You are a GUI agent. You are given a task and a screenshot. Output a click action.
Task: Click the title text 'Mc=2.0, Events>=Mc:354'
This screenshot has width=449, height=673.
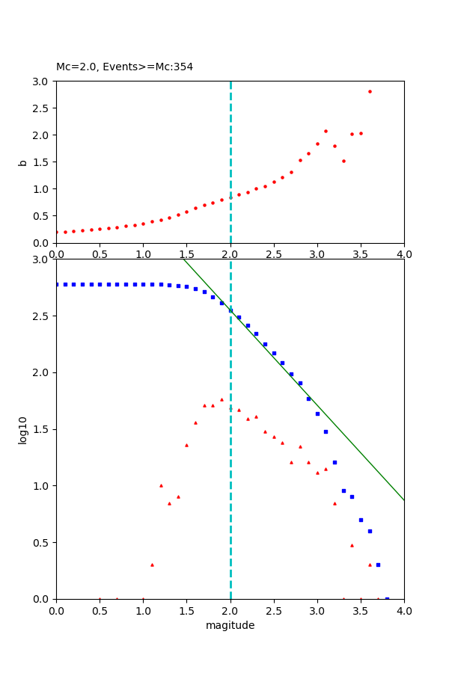[x=124, y=67]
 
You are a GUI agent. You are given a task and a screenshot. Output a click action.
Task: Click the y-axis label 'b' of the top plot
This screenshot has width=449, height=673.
[x=23, y=162]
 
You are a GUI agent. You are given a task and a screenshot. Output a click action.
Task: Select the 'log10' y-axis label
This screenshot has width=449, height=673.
[x=23, y=429]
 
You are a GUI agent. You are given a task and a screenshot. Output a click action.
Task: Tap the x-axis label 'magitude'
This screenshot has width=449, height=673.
[x=230, y=625]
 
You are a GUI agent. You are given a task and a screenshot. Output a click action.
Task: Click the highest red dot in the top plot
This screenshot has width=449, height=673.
[x=370, y=91]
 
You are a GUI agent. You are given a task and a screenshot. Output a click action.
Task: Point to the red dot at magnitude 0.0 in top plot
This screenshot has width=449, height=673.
[x=56, y=232]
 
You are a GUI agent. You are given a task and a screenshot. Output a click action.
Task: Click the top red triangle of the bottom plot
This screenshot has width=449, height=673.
[x=222, y=399]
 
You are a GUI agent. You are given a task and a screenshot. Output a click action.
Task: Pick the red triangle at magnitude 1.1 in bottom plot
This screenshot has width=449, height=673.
[x=152, y=565]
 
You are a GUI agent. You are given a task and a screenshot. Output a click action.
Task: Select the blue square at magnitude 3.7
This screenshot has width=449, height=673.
[x=378, y=565]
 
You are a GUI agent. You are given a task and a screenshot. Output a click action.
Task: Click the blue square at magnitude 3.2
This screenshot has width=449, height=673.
[x=335, y=462]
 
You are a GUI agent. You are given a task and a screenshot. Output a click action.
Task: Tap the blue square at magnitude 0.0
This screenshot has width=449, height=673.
[x=56, y=284]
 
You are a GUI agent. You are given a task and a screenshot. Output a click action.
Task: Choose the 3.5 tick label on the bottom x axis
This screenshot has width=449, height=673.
[x=361, y=610]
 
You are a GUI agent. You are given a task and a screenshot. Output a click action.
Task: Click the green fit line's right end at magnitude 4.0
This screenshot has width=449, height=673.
[x=403, y=500]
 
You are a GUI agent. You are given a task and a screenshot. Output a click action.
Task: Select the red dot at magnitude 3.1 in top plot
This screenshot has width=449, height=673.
[x=326, y=131]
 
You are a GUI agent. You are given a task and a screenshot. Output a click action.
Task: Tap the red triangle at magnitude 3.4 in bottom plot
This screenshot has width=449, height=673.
[x=352, y=545]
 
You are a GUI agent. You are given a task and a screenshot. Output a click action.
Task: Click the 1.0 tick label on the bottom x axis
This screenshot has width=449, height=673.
[x=143, y=610]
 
